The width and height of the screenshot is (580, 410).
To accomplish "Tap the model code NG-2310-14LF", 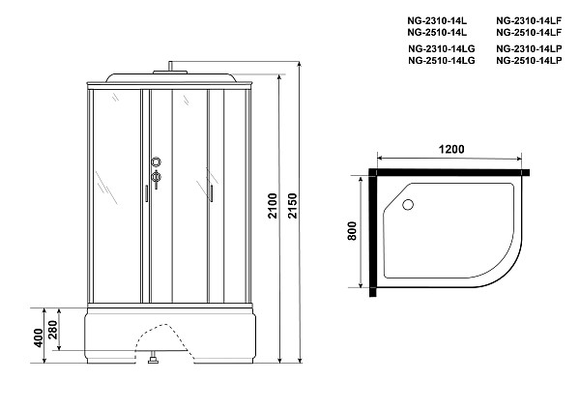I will [x=529, y=18].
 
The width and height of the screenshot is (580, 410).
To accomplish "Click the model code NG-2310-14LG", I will [x=441, y=48].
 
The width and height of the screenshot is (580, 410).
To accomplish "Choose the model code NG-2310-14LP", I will [x=529, y=48].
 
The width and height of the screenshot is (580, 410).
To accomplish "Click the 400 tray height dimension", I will [x=38, y=337].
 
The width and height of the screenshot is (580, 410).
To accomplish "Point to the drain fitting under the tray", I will [x=153, y=363].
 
